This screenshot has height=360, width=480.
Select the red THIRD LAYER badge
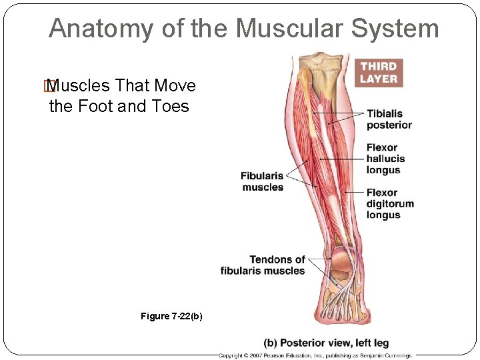(x=378, y=72)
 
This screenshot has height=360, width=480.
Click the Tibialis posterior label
(x=389, y=119)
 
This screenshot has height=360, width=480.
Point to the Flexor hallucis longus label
(x=385, y=159)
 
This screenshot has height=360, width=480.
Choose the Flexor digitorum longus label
(x=389, y=204)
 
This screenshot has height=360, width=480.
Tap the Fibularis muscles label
(x=262, y=181)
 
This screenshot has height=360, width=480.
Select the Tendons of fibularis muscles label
(x=263, y=265)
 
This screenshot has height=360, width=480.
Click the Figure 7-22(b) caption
(x=171, y=316)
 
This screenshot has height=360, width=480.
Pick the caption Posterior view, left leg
(x=326, y=343)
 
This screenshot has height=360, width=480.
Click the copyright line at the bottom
(x=315, y=355)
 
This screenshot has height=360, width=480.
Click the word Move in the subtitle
(x=175, y=86)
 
